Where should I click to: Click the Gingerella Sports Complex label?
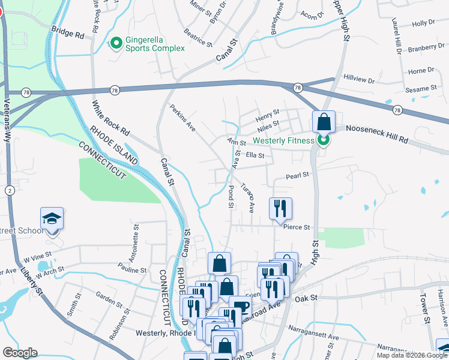click(155, 44)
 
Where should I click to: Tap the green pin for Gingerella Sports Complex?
click(116, 43)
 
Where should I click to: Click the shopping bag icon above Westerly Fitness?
click(324, 121)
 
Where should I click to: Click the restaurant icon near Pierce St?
click(280, 208)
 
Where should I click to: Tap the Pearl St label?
click(297, 175)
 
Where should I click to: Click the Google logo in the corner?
click(20, 353)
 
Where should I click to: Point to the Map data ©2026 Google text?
click(411, 355)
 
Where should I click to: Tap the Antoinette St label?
click(136, 242)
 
